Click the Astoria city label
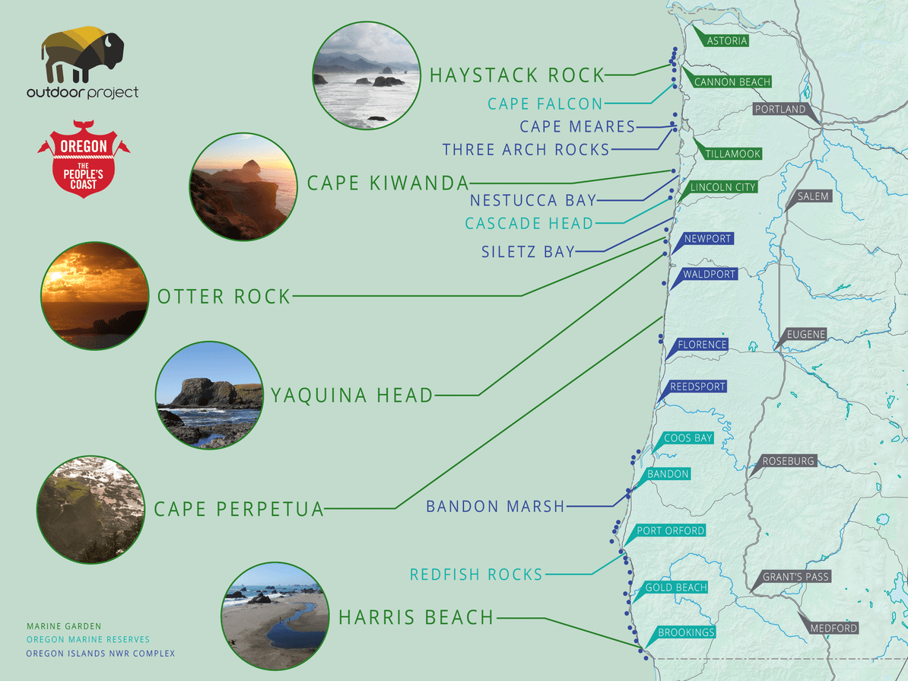(726, 41)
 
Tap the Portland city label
(780, 110)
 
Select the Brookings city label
(686, 633)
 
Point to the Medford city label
(833, 628)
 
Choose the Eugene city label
(806, 334)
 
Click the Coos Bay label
(688, 438)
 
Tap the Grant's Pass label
(796, 577)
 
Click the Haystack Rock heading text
(517, 75)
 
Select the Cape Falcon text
(545, 103)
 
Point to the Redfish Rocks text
(476, 574)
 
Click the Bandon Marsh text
(495, 506)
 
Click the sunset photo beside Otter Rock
(95, 295)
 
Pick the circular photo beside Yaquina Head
(209, 395)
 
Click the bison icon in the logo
(81, 54)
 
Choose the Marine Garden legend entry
(63, 627)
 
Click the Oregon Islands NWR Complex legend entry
(100, 654)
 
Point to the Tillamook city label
(732, 154)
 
